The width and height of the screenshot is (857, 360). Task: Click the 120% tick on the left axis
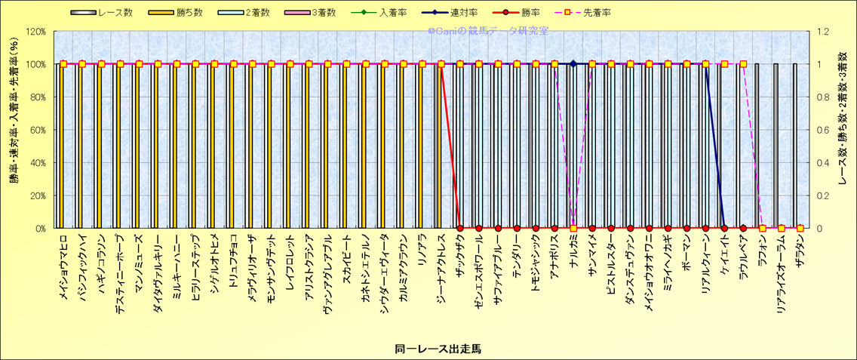pyautogui.click(x=34, y=32)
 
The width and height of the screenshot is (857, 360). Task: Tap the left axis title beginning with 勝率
pyautogui.click(x=13, y=130)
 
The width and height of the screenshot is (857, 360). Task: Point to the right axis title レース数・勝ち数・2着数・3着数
pyautogui.click(x=843, y=130)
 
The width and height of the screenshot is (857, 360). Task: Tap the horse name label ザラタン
pyautogui.click(x=800, y=248)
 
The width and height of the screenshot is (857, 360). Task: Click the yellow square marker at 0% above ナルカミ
pyautogui.click(x=573, y=228)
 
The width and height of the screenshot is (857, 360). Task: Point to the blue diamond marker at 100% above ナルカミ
pyautogui.click(x=573, y=64)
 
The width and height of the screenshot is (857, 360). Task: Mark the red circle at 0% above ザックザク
pyautogui.click(x=460, y=228)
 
